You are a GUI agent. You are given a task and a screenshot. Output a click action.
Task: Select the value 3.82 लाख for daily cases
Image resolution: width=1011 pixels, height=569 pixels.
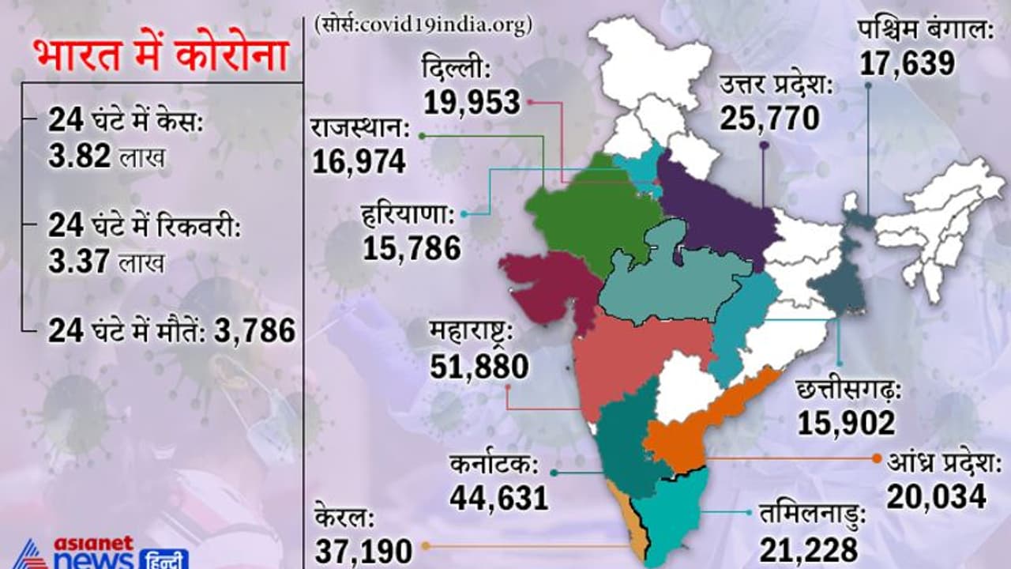tap(106, 157)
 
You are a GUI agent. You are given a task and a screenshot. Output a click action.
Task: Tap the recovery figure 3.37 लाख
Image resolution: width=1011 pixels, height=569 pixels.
tap(106, 261)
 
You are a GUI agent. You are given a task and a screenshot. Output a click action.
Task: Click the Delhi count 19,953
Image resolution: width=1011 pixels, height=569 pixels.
tap(472, 102)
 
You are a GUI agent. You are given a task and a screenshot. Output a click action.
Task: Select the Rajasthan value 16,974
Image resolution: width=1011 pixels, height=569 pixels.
tap(359, 161)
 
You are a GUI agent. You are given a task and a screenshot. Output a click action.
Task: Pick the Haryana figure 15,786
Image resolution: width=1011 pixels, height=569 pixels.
tap(412, 249)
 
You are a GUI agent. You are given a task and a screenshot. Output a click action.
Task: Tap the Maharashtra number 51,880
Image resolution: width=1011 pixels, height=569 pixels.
tap(479, 366)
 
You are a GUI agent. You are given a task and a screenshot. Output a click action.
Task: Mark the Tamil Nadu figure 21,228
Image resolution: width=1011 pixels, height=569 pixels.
tap(809, 548)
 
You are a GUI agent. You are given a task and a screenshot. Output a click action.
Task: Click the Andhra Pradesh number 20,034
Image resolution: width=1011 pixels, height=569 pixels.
tap(936, 496)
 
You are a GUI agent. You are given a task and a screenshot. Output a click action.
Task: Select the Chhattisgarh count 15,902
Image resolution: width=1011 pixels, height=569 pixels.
tap(846, 423)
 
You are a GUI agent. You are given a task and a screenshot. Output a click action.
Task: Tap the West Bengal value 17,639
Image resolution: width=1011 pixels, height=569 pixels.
tap(908, 63)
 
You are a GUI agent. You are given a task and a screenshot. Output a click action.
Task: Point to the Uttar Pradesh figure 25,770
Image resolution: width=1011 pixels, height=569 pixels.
tap(769, 119)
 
